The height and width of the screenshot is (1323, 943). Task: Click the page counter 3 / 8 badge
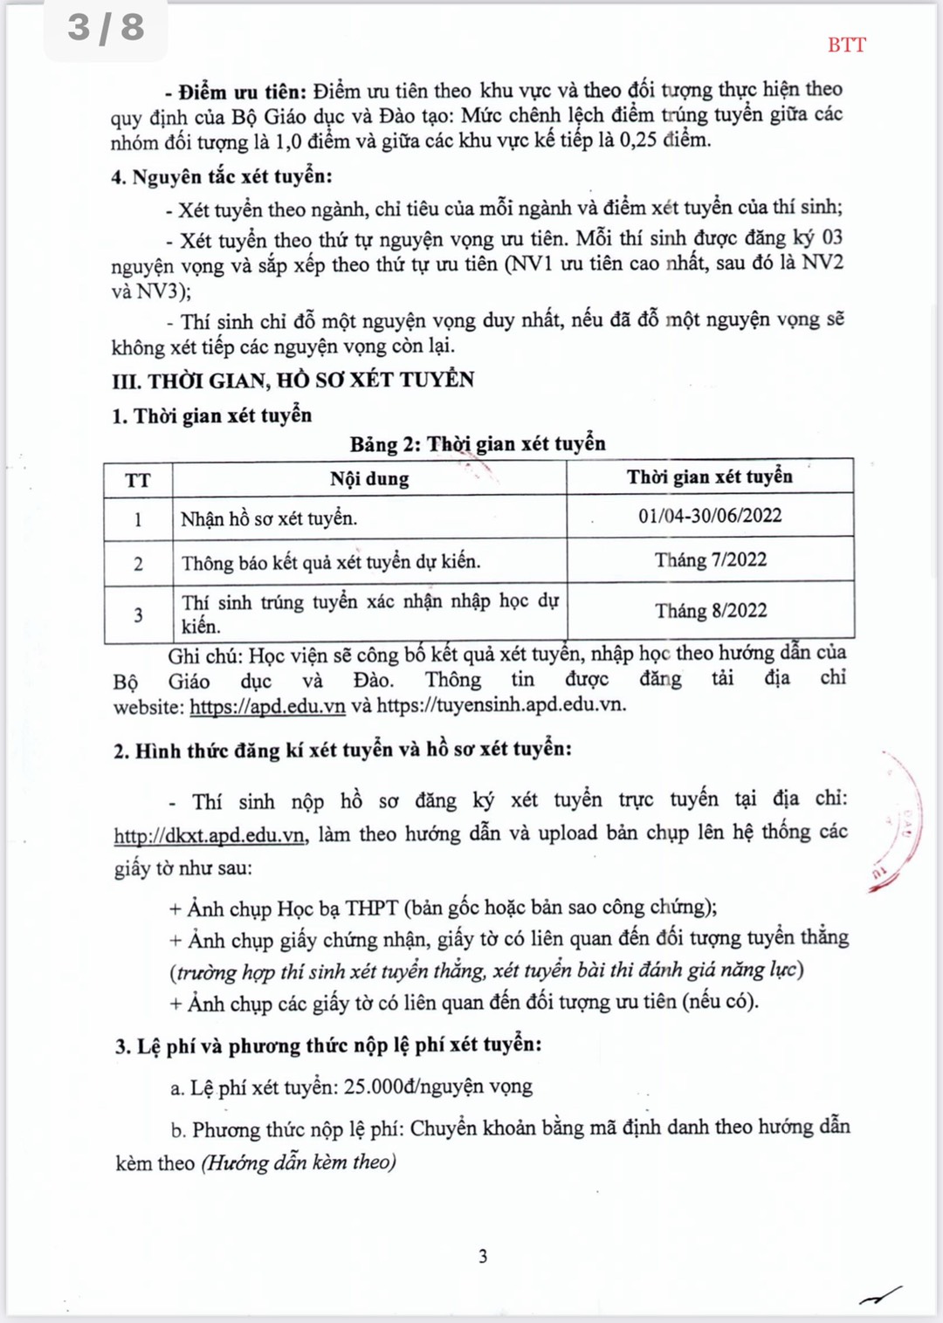(x=106, y=27)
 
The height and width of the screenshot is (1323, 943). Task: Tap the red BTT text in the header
(x=846, y=45)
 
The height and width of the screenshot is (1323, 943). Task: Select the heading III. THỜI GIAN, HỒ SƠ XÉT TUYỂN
(x=293, y=380)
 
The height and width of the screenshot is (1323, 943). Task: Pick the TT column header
(x=138, y=480)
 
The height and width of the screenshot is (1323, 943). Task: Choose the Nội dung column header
(x=369, y=478)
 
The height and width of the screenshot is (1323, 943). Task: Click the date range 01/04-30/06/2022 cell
(x=710, y=516)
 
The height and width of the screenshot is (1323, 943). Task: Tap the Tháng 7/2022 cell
(x=711, y=560)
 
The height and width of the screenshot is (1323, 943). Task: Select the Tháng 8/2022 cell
(x=711, y=611)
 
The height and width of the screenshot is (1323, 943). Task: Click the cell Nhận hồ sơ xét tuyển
(x=269, y=518)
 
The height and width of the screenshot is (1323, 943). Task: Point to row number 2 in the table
(x=138, y=564)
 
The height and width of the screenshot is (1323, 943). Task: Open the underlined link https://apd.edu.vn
(x=267, y=706)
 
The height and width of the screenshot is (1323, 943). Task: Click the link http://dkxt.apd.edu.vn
(x=210, y=835)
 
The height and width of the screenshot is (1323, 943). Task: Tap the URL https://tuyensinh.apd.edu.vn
(x=500, y=705)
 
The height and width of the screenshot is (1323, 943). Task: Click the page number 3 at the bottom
(x=483, y=1257)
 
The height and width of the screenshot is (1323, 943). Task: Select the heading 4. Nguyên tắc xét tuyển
(x=222, y=177)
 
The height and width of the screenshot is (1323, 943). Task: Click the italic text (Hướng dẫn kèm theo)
(x=299, y=1162)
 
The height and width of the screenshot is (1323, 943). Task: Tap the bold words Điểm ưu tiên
(x=242, y=92)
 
